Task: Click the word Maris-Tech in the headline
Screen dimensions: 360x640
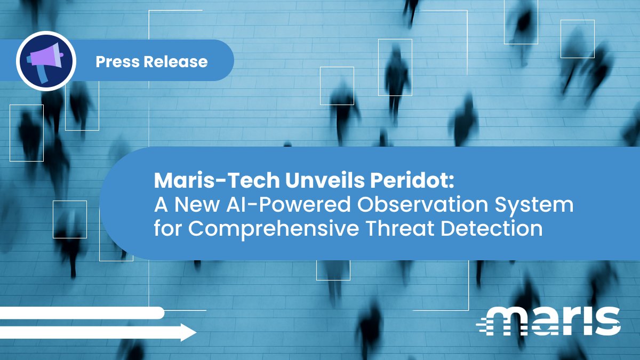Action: [x=217, y=181]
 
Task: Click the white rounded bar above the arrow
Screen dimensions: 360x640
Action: [x=80, y=313]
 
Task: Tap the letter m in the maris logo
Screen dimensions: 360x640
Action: [x=509, y=321]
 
